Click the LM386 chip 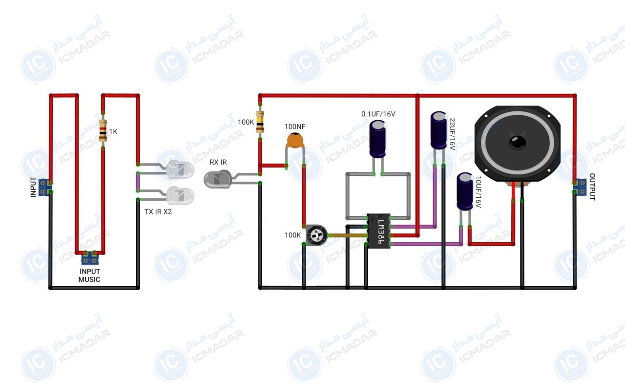[378, 231]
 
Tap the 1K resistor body [103, 130]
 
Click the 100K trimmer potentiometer [316, 235]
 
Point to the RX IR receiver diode [218, 179]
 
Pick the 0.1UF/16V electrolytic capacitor [377, 139]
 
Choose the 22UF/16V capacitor [438, 130]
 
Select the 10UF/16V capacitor [465, 191]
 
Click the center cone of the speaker [518, 142]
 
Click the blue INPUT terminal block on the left [45, 187]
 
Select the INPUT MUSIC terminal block [90, 258]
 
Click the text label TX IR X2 [158, 212]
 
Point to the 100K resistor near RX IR [260, 122]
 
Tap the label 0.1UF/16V [378, 114]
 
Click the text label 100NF [295, 127]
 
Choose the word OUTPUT [592, 187]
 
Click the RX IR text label [218, 162]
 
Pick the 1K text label [113, 131]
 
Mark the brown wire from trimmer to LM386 [348, 235]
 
